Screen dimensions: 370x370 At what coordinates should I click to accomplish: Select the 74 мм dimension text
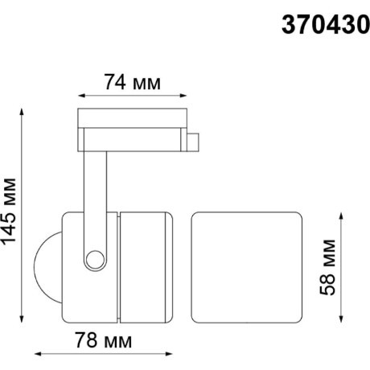click(132, 83)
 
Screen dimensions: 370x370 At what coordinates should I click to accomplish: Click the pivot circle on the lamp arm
click(97, 259)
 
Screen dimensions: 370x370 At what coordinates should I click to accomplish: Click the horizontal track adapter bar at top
click(133, 121)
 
